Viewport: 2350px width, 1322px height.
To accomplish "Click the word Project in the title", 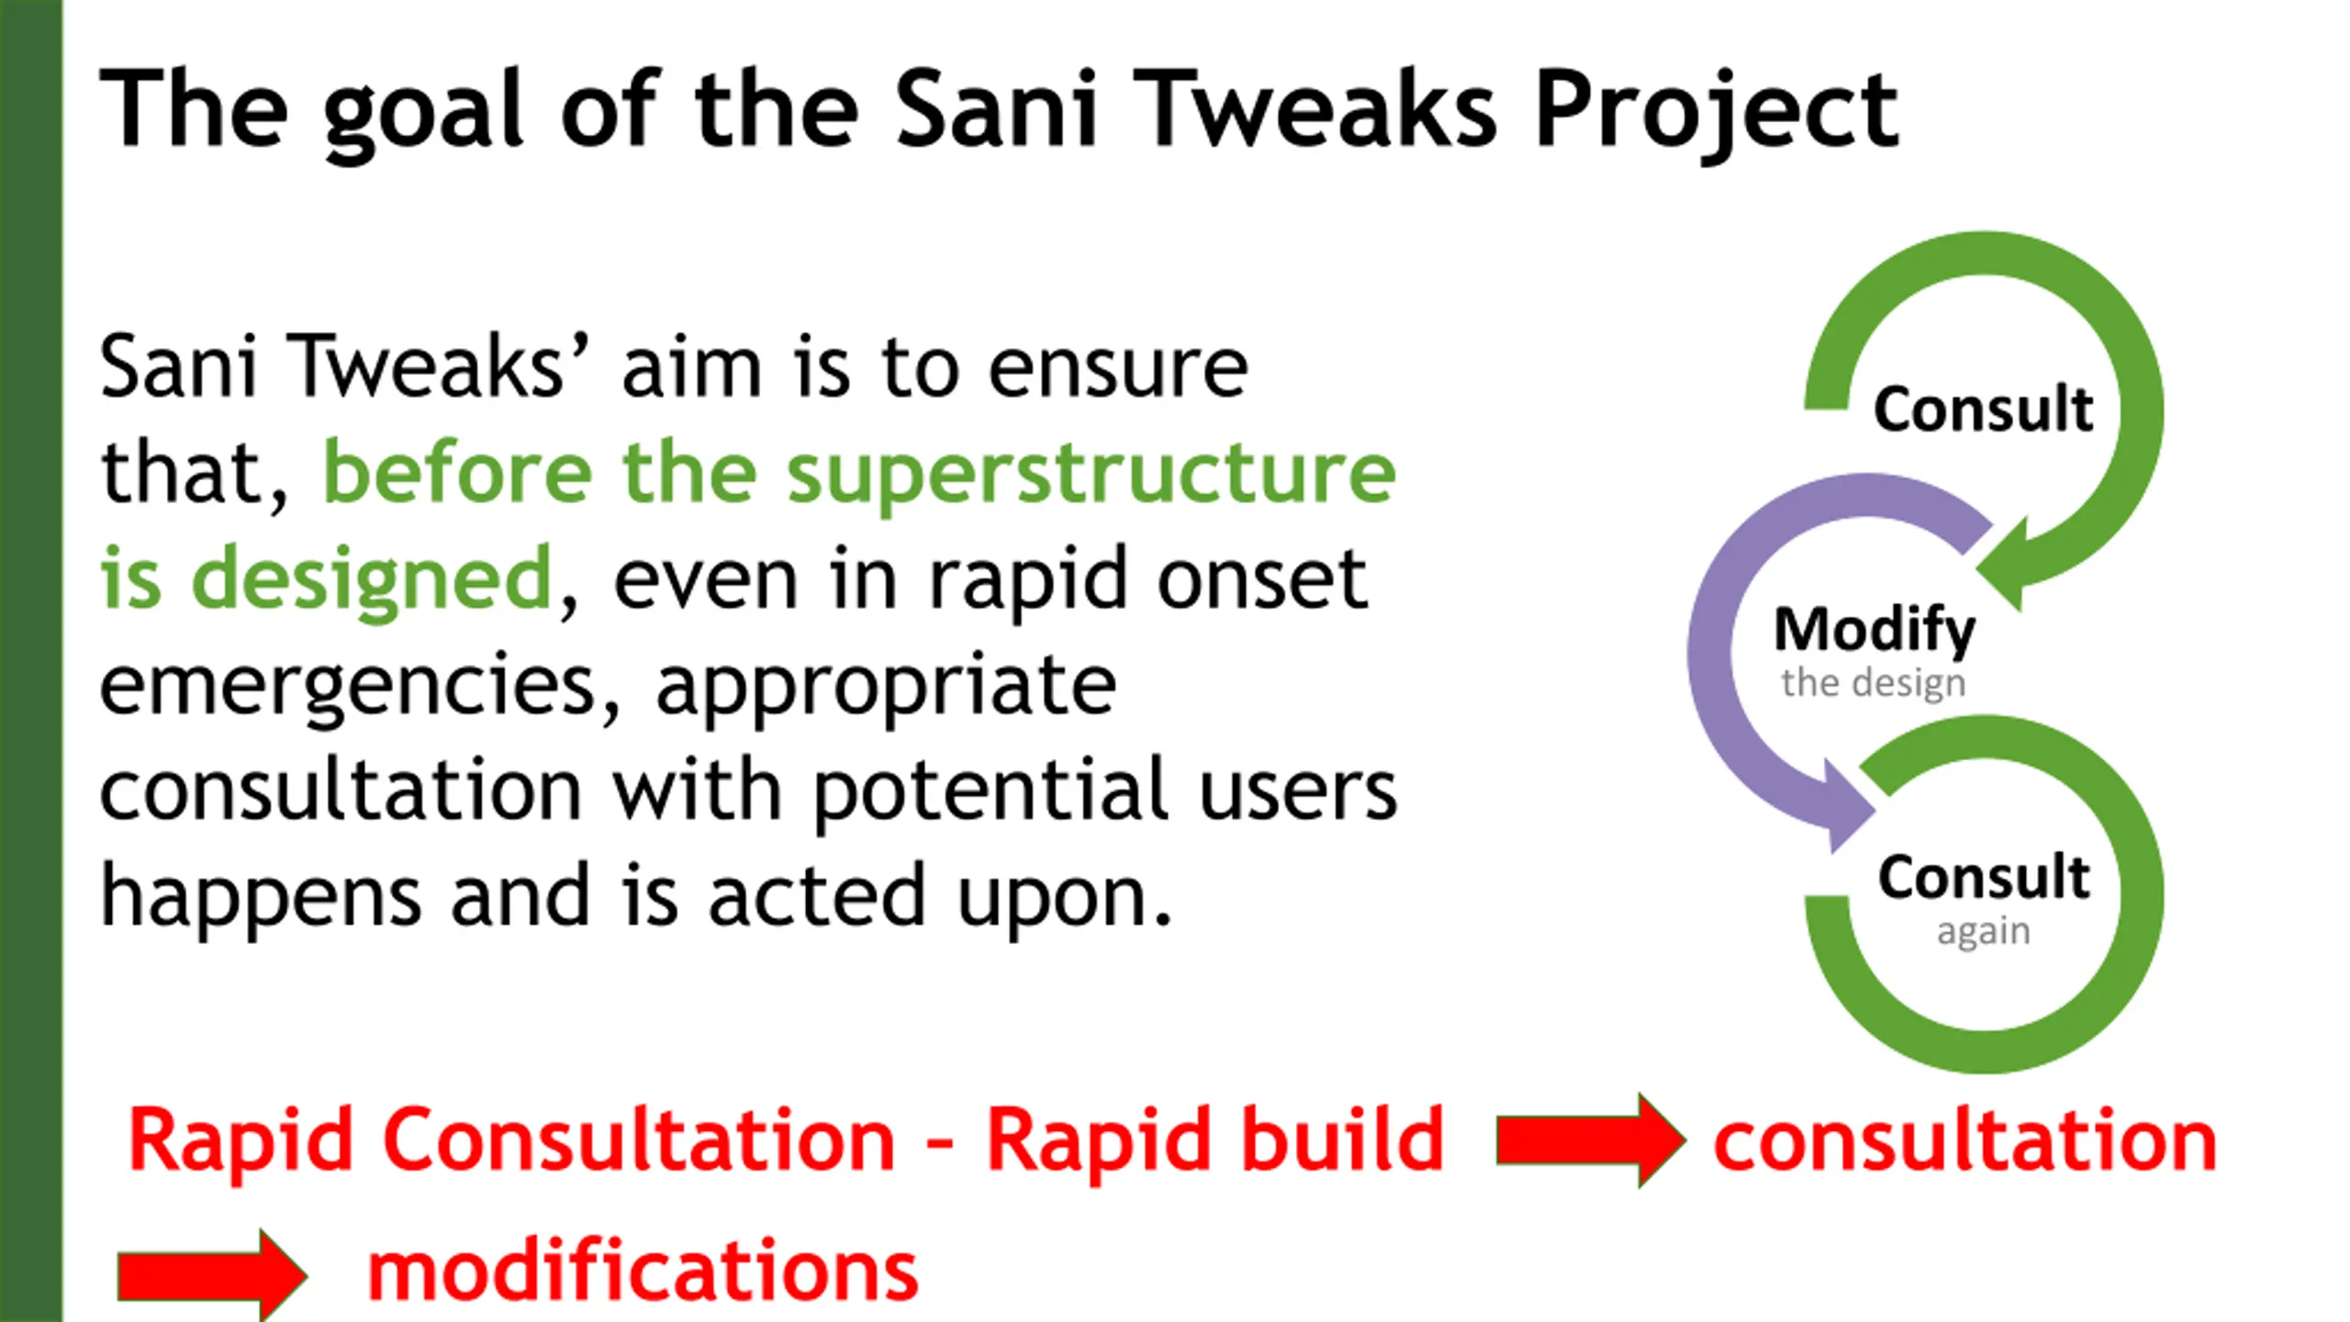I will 1715,110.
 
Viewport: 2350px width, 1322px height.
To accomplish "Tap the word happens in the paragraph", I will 261,898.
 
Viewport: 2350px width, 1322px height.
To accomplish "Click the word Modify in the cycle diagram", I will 1874,630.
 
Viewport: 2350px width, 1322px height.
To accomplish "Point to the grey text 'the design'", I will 1874,683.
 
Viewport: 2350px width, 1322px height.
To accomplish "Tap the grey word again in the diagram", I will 1983,931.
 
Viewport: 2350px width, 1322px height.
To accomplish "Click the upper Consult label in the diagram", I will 1983,409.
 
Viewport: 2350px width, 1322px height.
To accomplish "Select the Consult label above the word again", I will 1983,877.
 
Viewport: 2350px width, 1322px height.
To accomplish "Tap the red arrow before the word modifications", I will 211,1276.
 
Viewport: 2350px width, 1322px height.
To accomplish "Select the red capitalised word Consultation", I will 639,1140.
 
